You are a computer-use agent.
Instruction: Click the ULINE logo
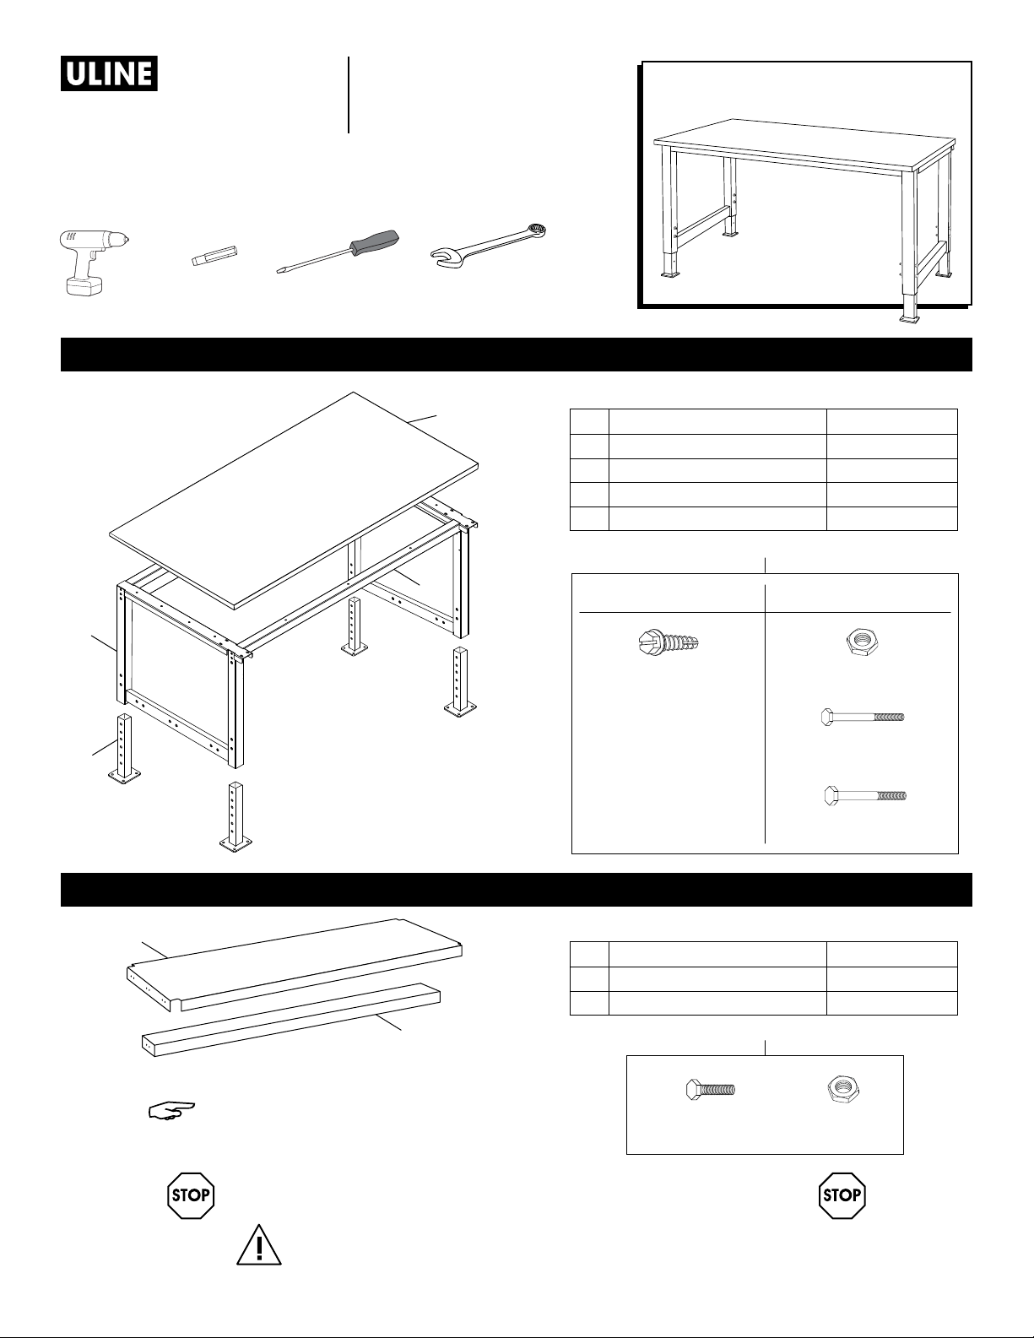pyautogui.click(x=109, y=73)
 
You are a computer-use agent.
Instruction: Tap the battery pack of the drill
pyautogui.click(x=84, y=285)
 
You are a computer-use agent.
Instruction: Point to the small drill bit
pyautogui.click(x=214, y=255)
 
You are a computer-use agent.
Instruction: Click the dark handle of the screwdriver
pyautogui.click(x=374, y=240)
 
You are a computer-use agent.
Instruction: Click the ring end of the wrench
pyautogui.click(x=534, y=231)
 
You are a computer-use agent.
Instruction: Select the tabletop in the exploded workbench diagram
pyautogui.click(x=295, y=500)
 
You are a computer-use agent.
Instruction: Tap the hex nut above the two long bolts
pyautogui.click(x=860, y=643)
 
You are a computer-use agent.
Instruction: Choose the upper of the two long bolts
pyautogui.click(x=863, y=718)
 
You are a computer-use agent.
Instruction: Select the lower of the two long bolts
pyautogui.click(x=864, y=795)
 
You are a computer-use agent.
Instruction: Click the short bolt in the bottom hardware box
pyautogui.click(x=710, y=1089)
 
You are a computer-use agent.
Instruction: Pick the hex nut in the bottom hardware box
pyautogui.click(x=843, y=1089)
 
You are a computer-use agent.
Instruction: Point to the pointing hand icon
pyautogui.click(x=171, y=1110)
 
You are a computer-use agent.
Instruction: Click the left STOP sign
pyautogui.click(x=191, y=1195)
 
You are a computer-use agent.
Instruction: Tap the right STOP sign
pyautogui.click(x=842, y=1195)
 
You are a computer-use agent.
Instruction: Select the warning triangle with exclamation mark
pyautogui.click(x=259, y=1245)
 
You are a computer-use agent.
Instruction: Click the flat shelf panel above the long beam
pyautogui.click(x=295, y=964)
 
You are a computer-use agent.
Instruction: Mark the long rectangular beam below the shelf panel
pyautogui.click(x=291, y=1019)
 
